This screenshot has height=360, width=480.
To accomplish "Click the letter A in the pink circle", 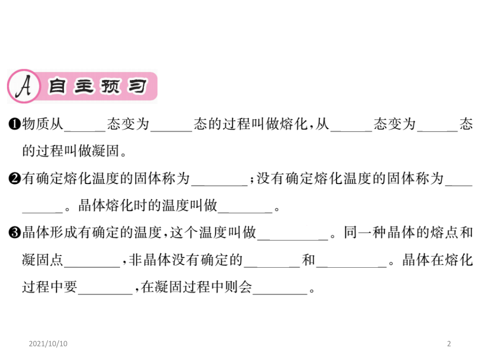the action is click(x=24, y=86).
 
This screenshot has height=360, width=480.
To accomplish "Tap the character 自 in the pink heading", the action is click(x=57, y=86).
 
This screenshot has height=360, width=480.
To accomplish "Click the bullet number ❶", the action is click(x=15, y=124).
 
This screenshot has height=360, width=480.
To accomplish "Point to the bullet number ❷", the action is click(x=15, y=179).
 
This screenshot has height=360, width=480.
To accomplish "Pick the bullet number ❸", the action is click(x=15, y=233).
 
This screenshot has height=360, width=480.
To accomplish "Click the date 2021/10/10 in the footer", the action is click(x=48, y=343).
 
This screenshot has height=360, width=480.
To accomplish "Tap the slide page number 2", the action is click(x=449, y=343).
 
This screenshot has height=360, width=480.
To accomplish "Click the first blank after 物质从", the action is click(x=85, y=131).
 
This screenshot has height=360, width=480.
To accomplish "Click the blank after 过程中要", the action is click(x=105, y=294).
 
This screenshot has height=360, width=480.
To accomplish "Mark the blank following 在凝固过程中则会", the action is click(x=280, y=294).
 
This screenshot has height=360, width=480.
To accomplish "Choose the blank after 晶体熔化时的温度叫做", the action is click(x=245, y=212).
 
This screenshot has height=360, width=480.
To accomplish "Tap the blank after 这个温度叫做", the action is click(x=293, y=239).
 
